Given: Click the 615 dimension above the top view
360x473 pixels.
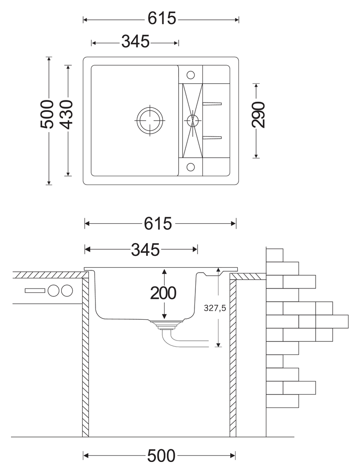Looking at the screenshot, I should point(162,19).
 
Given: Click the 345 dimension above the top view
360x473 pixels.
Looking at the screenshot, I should point(135,42).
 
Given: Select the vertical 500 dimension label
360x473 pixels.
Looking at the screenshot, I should point(47,115).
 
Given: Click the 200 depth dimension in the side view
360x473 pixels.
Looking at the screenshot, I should point(163,293).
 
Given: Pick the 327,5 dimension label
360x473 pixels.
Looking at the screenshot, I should point(215,308).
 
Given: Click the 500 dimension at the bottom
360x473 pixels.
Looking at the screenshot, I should point(161,455).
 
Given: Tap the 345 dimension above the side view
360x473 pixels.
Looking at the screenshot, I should point(145,250).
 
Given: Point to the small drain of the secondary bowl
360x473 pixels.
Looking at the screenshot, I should point(191,120).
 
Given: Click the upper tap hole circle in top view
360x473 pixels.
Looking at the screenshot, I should point(191,74).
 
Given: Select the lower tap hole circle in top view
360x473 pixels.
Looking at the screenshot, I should point(191,167).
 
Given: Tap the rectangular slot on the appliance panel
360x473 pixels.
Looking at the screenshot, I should point(34,291).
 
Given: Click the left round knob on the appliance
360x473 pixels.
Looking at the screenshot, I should point(53,291).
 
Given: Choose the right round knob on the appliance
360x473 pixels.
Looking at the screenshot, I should point(67,291).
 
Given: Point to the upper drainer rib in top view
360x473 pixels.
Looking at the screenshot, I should point(212,103).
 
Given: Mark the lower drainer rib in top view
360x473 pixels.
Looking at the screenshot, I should point(212,137).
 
